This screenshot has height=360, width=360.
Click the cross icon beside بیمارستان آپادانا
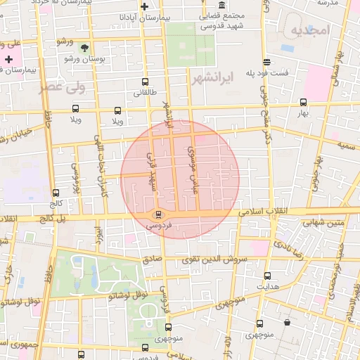tap(145, 6)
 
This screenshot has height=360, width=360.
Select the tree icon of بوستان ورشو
tap(85, 49)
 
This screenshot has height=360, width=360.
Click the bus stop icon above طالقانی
tap(145, 82)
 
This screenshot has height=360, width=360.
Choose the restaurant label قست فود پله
tap(288, 73)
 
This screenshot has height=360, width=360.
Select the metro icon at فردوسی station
tap(157, 214)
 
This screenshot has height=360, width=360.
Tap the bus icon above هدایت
tap(266, 276)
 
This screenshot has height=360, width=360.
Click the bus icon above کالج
tap(56, 193)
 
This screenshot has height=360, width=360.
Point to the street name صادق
tap(153, 258)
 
